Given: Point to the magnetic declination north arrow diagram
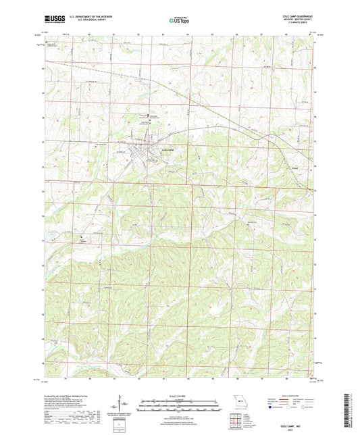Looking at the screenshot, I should [x=123, y=408].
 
